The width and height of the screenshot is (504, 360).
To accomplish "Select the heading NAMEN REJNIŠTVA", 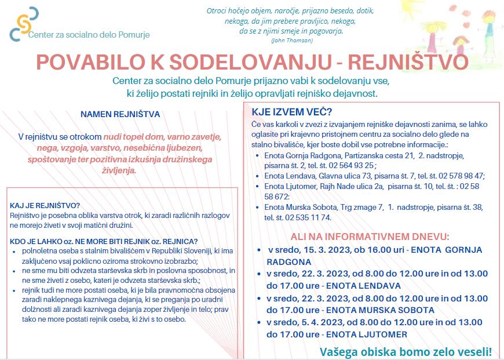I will click(120, 115).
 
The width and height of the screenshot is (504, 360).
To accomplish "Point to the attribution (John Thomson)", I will click(291, 41).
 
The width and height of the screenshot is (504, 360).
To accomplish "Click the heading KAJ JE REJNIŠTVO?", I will click(45, 206).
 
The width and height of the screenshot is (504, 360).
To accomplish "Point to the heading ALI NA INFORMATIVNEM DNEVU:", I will click(370, 237).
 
